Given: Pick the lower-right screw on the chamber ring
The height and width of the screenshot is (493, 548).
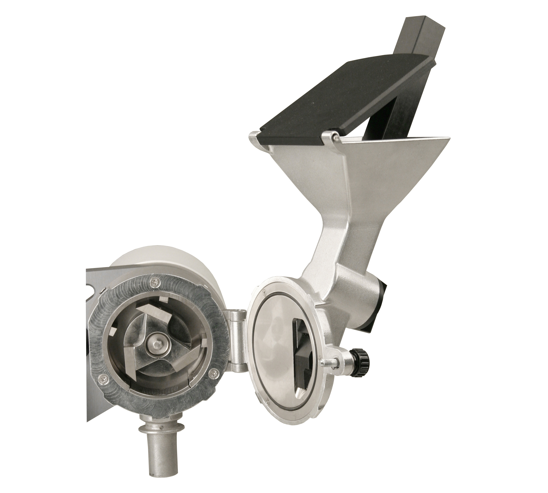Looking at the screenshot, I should tap(212, 374).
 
